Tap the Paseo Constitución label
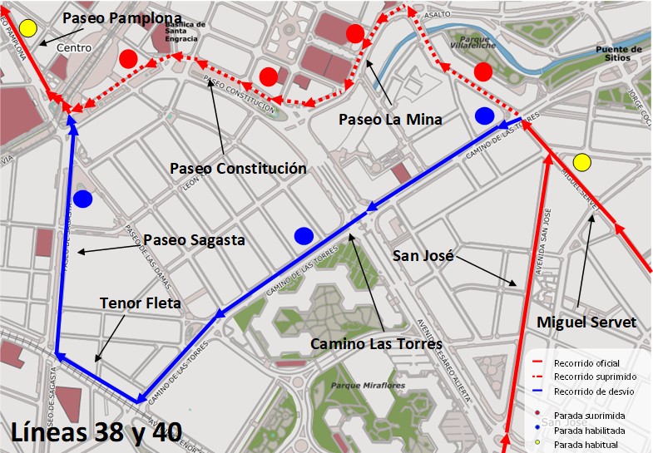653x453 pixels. [238, 169]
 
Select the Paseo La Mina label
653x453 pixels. [390, 120]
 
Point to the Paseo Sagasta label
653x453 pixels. [194, 240]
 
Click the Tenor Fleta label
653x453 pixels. [140, 303]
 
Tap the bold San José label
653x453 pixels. [423, 256]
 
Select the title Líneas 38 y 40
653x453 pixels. [96, 431]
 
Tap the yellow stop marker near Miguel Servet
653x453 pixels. [581, 162]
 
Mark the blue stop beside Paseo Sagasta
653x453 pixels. [82, 199]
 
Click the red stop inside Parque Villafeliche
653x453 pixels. [483, 72]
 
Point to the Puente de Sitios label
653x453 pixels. [618, 54]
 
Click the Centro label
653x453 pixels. [74, 48]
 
